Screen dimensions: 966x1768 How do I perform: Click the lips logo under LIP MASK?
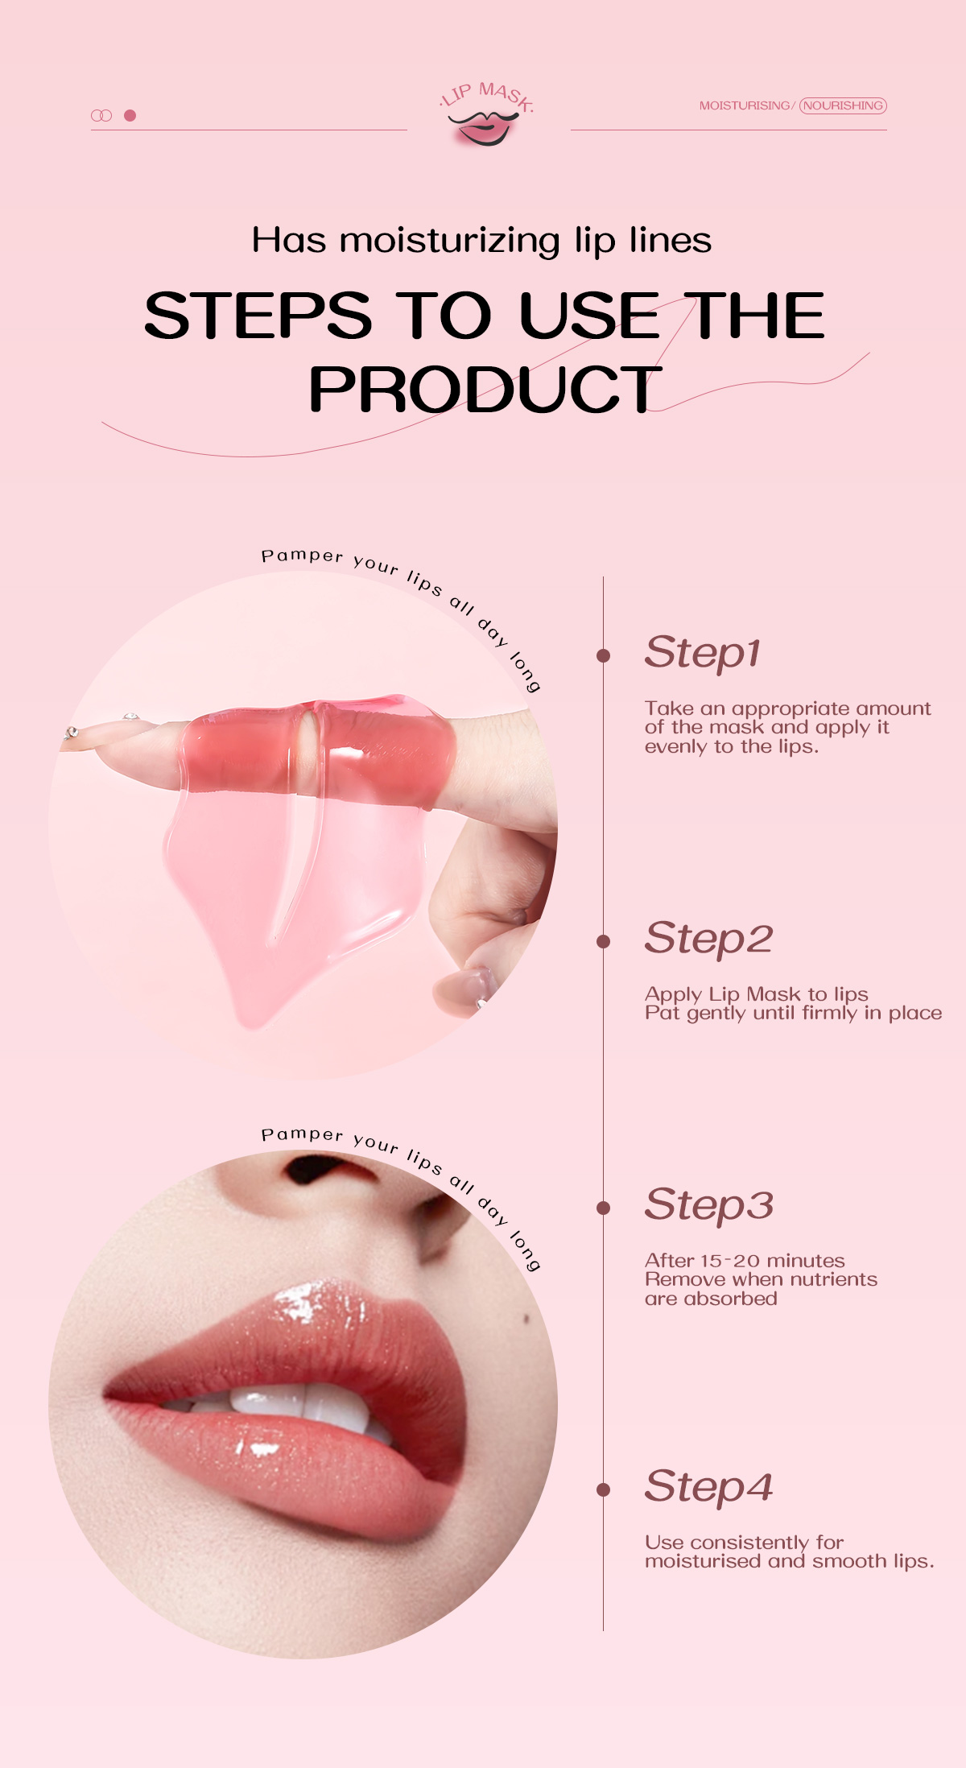[485, 128]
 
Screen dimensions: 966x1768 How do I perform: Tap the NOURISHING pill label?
[843, 105]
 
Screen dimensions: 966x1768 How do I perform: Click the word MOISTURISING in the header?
[745, 105]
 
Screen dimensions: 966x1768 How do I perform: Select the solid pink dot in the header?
[130, 115]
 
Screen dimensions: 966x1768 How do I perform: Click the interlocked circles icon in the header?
[101, 115]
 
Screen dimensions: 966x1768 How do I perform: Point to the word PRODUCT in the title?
[485, 390]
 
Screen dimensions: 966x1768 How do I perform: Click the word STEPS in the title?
[258, 315]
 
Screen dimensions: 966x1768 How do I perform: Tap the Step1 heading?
[703, 653]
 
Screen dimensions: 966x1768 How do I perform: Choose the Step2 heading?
[708, 939]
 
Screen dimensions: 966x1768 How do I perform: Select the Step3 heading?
[708, 1205]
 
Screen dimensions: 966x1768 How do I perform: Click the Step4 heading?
[708, 1487]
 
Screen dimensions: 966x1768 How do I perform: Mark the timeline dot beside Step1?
[603, 655]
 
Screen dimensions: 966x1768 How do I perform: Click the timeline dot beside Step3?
[603, 1208]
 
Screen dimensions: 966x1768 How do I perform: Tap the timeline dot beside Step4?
[603, 1489]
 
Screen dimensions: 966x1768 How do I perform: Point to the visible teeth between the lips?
[298, 1404]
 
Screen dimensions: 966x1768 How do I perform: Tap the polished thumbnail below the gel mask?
[463, 992]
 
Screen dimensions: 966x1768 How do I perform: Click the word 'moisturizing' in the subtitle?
[449, 241]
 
